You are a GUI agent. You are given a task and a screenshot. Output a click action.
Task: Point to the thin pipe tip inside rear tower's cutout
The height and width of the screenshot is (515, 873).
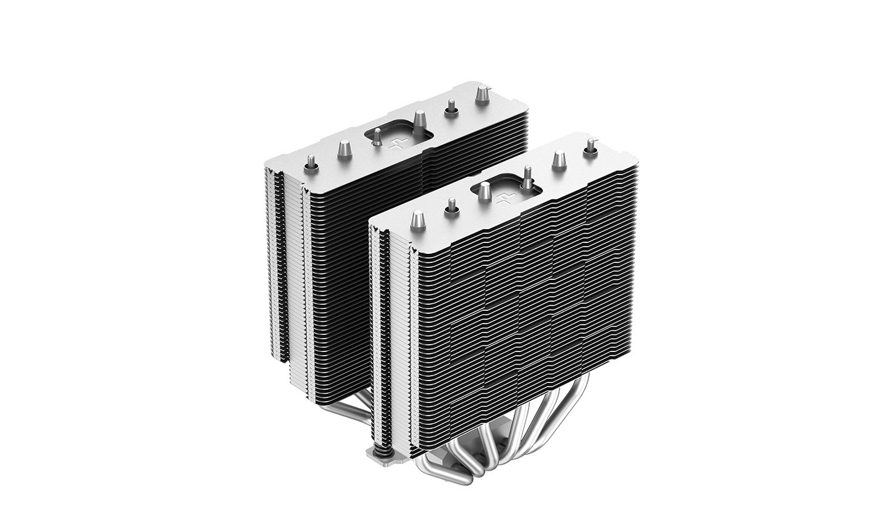point(376,137)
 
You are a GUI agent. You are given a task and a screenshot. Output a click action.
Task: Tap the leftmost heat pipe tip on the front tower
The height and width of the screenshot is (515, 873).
point(418,218)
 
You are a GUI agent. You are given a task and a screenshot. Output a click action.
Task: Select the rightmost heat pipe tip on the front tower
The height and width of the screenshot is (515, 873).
point(588,144)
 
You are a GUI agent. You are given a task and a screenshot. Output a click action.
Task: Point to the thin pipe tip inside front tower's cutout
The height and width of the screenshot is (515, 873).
point(526,175)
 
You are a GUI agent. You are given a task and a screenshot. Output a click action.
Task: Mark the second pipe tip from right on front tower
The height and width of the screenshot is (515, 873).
point(558,159)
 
